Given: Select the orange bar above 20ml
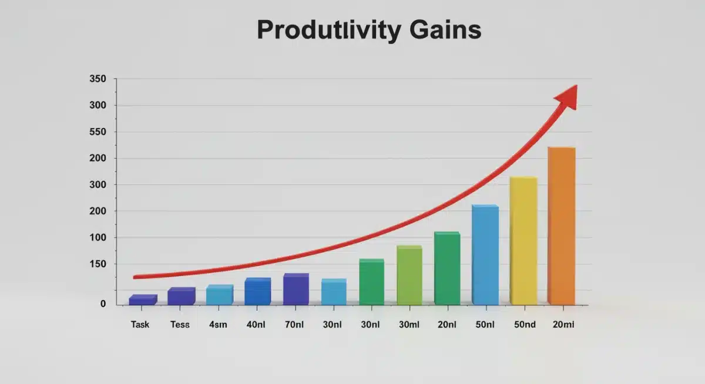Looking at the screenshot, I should point(561,226).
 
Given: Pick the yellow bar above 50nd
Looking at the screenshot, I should point(523,241).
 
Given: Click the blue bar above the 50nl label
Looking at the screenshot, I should point(485,255).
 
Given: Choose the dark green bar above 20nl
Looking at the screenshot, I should point(446,269).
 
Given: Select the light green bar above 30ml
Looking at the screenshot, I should point(409,276).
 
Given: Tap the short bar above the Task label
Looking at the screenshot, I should point(143,300).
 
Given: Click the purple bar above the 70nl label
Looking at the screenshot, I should point(296,289).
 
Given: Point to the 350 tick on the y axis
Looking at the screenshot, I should point(98,79).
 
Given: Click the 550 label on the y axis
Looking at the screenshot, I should point(98,132).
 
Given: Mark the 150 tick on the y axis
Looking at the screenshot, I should point(98,264).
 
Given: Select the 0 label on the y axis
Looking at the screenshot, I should point(103,304).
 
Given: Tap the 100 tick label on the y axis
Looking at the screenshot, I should point(98,238).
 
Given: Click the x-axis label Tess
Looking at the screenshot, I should point(180,324).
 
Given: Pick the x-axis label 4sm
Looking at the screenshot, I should point(217,324).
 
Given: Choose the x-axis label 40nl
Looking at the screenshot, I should point(256,324).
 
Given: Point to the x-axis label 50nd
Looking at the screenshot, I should point(524,324).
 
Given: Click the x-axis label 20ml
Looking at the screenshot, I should point(563,324).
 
